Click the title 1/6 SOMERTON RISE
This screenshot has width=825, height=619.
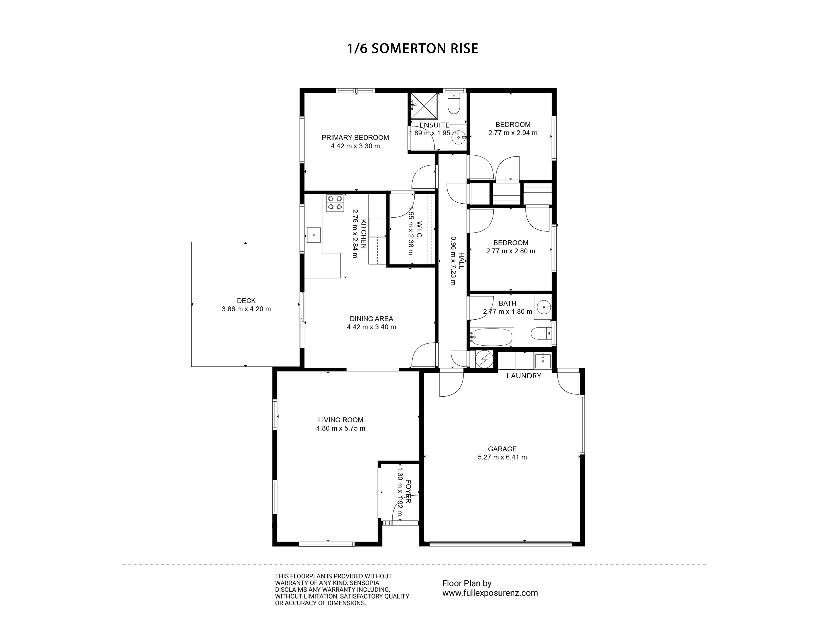(412, 48)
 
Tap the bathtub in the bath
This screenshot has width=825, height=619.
(491, 337)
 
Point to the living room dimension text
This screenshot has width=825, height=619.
(341, 428)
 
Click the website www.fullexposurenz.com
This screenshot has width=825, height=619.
(490, 593)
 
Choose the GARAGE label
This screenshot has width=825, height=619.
(502, 449)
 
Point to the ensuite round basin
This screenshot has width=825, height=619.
(457, 137)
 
